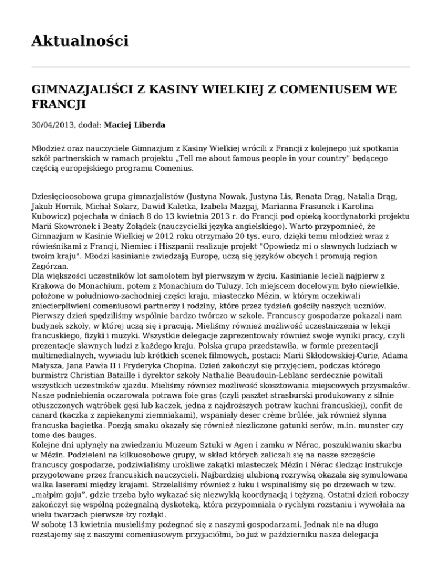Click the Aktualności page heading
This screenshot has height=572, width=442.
coord(79,41)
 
